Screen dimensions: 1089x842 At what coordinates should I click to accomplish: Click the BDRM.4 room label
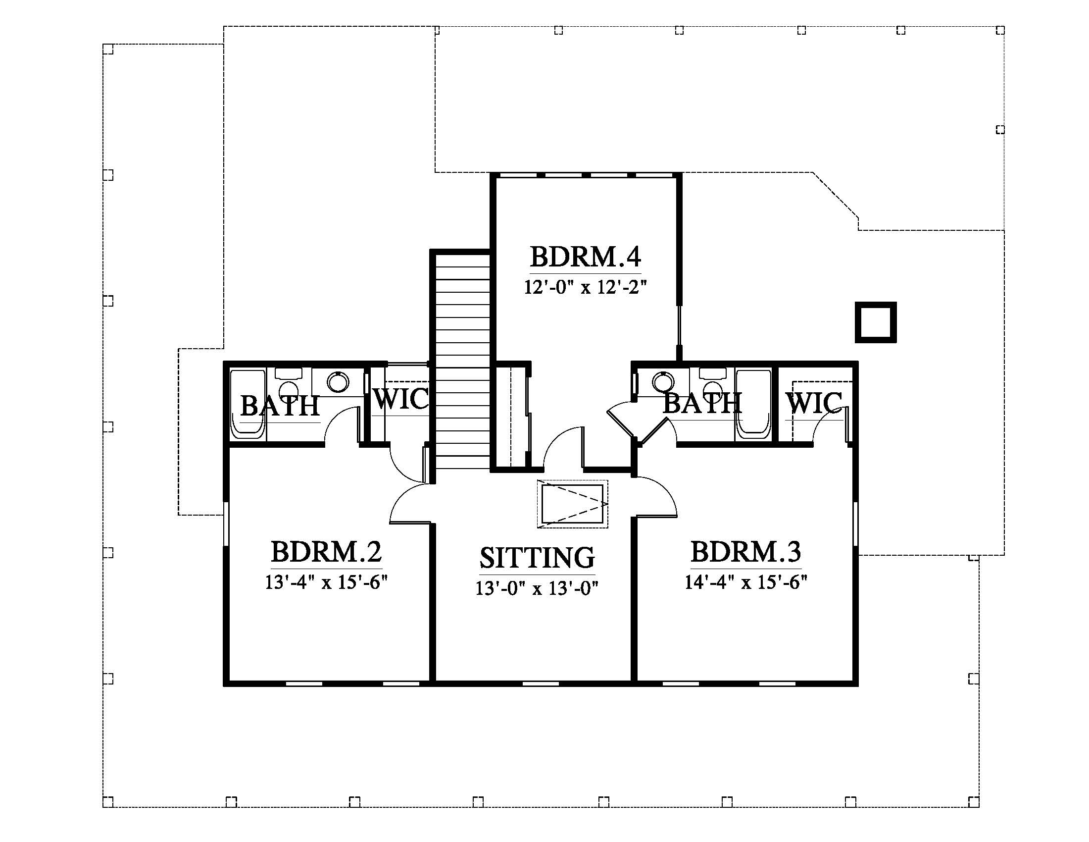pyautogui.click(x=586, y=257)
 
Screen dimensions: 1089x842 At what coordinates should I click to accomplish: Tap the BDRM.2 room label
pyautogui.click(x=327, y=552)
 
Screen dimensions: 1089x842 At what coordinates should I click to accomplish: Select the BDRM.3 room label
pyautogui.click(x=746, y=552)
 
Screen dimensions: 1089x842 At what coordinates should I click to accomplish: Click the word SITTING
pyautogui.click(x=537, y=558)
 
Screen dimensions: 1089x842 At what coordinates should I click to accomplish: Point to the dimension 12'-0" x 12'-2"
pyautogui.click(x=586, y=287)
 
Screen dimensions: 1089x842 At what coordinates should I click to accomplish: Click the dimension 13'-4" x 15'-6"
pyautogui.click(x=327, y=581)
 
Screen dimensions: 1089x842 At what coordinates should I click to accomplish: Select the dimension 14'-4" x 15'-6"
pyautogui.click(x=746, y=581)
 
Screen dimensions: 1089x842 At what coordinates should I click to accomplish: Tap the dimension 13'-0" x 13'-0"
pyautogui.click(x=537, y=588)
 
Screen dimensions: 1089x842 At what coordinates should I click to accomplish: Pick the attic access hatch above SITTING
pyautogui.click(x=572, y=504)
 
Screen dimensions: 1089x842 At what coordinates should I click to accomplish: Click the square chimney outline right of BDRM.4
pyautogui.click(x=876, y=322)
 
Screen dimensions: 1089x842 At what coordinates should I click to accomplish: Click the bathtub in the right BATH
pyautogui.click(x=753, y=405)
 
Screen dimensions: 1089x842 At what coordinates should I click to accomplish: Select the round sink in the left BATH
pyautogui.click(x=338, y=382)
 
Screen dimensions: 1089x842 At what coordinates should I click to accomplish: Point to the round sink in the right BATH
pyautogui.click(x=663, y=382)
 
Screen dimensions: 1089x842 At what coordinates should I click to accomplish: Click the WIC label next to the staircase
pyautogui.click(x=400, y=399)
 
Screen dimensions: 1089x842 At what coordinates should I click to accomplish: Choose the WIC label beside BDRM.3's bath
pyautogui.click(x=814, y=403)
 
